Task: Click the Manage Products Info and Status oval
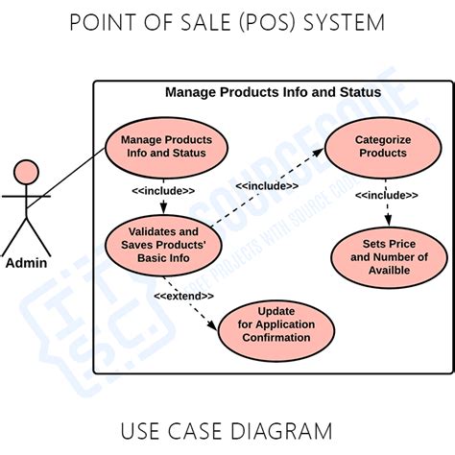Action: click(166, 146)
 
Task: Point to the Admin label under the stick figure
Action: click(27, 263)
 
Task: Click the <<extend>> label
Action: click(183, 296)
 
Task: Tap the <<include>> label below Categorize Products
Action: click(386, 196)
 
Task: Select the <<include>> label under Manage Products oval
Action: click(163, 191)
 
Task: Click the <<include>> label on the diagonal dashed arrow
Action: click(266, 185)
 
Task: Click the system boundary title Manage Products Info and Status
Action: click(273, 93)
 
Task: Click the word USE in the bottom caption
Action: click(141, 429)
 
